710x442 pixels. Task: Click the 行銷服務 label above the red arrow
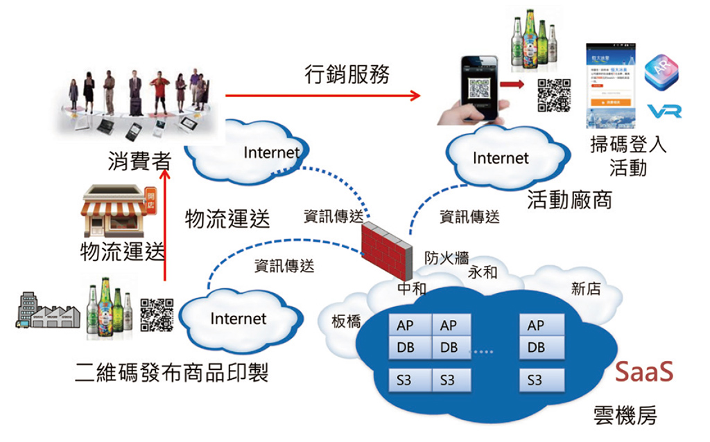tap(347, 74)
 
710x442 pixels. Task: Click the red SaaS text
tap(644, 372)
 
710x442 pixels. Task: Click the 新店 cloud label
tap(586, 289)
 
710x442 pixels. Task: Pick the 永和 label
tap(483, 272)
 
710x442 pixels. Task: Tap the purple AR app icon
tap(661, 72)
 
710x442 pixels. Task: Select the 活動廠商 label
tap(569, 200)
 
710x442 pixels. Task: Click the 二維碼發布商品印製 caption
tap(171, 375)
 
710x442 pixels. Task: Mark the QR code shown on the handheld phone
tap(478, 91)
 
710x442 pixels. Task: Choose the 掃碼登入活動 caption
tap(627, 156)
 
